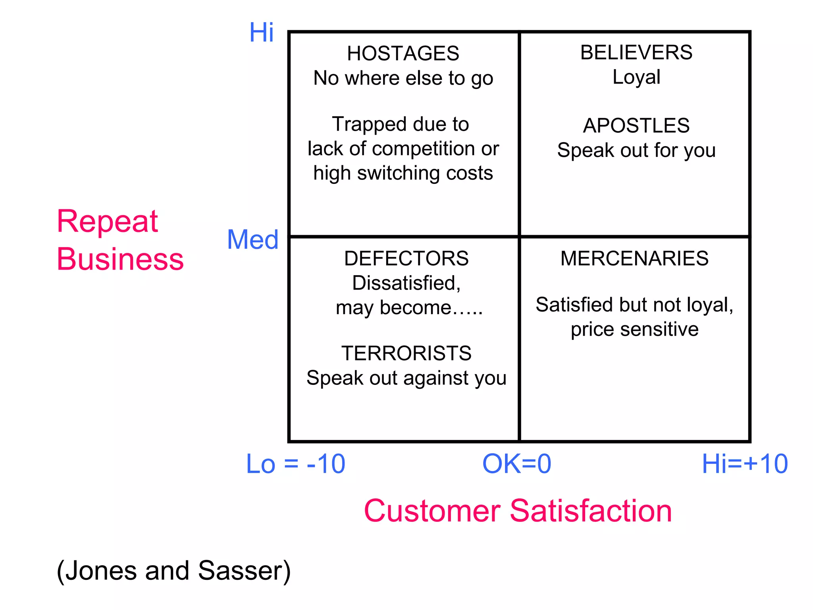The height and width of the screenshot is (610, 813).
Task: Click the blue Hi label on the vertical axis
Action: pyautogui.click(x=261, y=33)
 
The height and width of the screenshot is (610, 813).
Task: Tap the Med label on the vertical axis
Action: pyautogui.click(x=252, y=240)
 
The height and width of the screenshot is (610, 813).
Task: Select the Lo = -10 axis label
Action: pyautogui.click(x=296, y=464)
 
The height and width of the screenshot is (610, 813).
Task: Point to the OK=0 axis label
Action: pyautogui.click(x=516, y=464)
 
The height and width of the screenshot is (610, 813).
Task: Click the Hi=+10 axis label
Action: pyautogui.click(x=745, y=464)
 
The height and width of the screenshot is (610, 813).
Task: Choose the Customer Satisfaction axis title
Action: pyautogui.click(x=518, y=511)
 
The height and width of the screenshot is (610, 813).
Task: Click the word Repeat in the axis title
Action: pyautogui.click(x=107, y=222)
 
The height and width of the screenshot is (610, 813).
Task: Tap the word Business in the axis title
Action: pyautogui.click(x=120, y=259)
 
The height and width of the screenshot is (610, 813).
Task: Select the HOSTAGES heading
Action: pyautogui.click(x=403, y=54)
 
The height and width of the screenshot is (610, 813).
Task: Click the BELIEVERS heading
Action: pyautogui.click(x=636, y=52)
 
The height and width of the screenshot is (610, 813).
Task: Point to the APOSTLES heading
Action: pyautogui.click(x=636, y=126)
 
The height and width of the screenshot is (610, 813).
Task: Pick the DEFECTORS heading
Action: pyautogui.click(x=406, y=259)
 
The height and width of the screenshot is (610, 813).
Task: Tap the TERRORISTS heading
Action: pyautogui.click(x=406, y=353)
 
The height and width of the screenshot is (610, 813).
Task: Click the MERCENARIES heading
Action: pyautogui.click(x=634, y=259)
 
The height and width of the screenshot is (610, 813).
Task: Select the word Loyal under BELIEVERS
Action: pyautogui.click(x=636, y=77)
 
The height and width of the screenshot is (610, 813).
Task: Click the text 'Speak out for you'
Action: pyautogui.click(x=636, y=151)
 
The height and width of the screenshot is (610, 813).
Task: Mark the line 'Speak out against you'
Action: pyautogui.click(x=406, y=378)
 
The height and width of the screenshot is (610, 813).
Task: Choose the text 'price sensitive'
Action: pyautogui.click(x=634, y=330)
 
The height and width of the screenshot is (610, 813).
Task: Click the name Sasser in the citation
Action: pyautogui.click(x=244, y=571)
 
